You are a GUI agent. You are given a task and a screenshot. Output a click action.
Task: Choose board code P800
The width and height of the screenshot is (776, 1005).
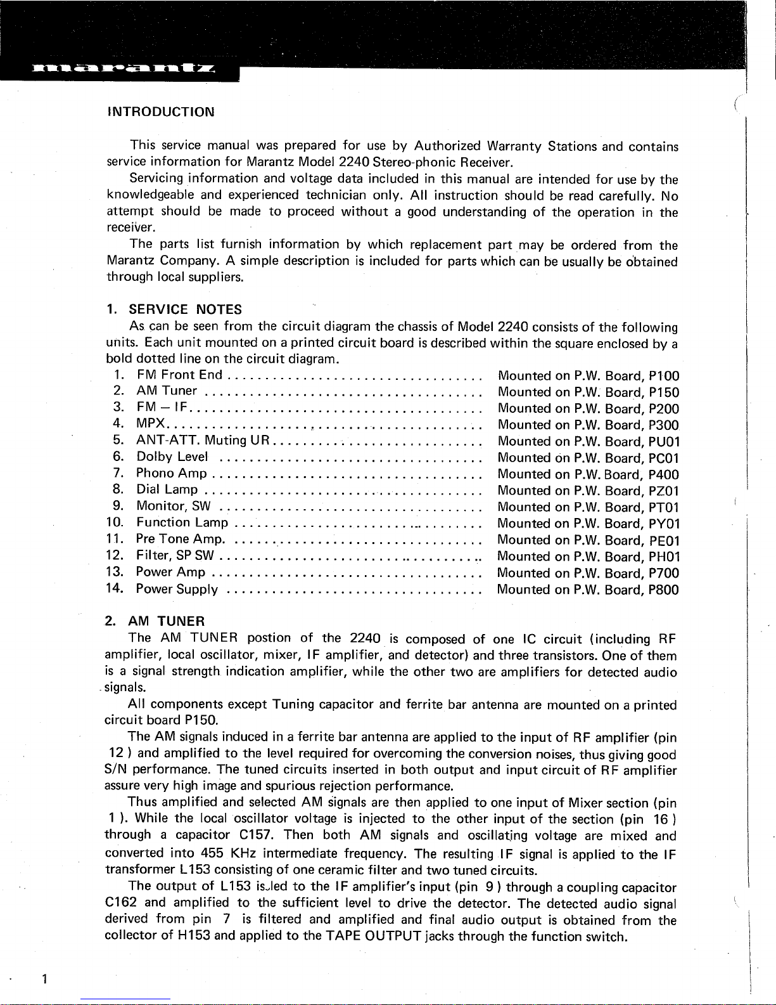664,590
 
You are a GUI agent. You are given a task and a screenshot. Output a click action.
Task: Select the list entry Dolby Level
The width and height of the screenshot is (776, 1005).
172,457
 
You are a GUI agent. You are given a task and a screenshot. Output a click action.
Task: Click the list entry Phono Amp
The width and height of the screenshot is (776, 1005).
172,474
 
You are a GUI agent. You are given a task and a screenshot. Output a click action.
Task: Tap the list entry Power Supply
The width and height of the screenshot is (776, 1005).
177,590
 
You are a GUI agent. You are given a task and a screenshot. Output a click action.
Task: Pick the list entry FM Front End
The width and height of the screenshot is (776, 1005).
179,375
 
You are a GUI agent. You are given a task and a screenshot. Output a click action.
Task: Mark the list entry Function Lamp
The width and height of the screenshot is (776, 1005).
182,523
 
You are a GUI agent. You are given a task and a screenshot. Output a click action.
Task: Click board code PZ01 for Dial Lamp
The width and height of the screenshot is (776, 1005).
664,491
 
